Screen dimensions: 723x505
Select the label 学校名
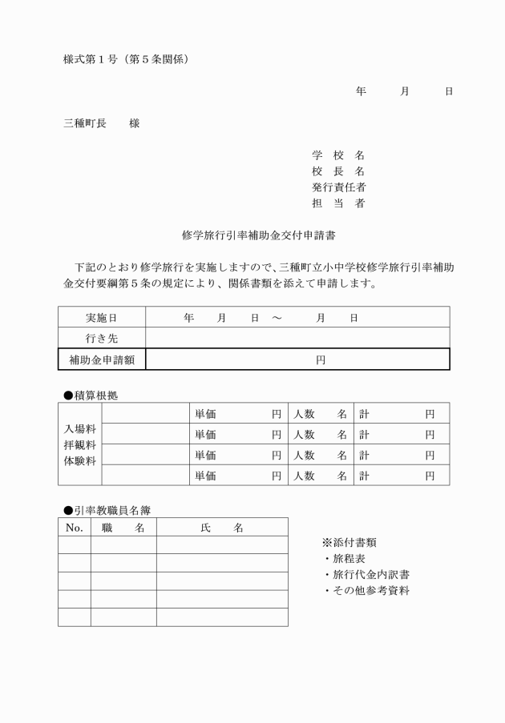[337, 155]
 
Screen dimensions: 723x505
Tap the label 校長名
[337, 171]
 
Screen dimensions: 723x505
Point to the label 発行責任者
[337, 187]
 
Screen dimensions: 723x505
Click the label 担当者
[337, 203]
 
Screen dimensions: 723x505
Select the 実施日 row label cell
[101, 318]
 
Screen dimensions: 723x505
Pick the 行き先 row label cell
[101, 339]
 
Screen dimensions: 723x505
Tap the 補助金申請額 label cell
[101, 359]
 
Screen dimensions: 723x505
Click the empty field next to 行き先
[297, 339]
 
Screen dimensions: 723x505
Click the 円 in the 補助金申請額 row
[320, 360]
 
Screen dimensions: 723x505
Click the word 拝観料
[79, 444]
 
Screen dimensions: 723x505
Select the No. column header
[74, 528]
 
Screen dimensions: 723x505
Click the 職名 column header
[123, 528]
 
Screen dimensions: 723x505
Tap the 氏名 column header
[221, 528]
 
